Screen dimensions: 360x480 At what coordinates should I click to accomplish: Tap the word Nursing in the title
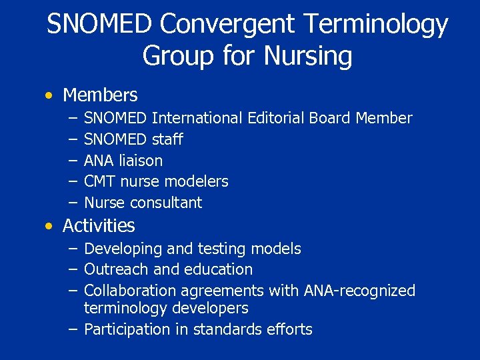(307, 56)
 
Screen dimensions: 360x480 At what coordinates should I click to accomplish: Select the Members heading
(100, 95)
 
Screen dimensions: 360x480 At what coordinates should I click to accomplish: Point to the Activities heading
(99, 226)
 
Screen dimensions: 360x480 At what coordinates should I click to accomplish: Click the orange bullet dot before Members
(49, 96)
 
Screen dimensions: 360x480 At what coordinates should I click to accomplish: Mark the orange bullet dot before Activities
(49, 227)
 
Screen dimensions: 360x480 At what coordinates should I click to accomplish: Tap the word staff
(167, 139)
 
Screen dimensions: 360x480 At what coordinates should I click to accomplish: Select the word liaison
(140, 161)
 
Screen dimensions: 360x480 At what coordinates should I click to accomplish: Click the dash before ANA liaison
(71, 161)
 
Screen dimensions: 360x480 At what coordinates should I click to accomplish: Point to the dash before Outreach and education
(71, 269)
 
